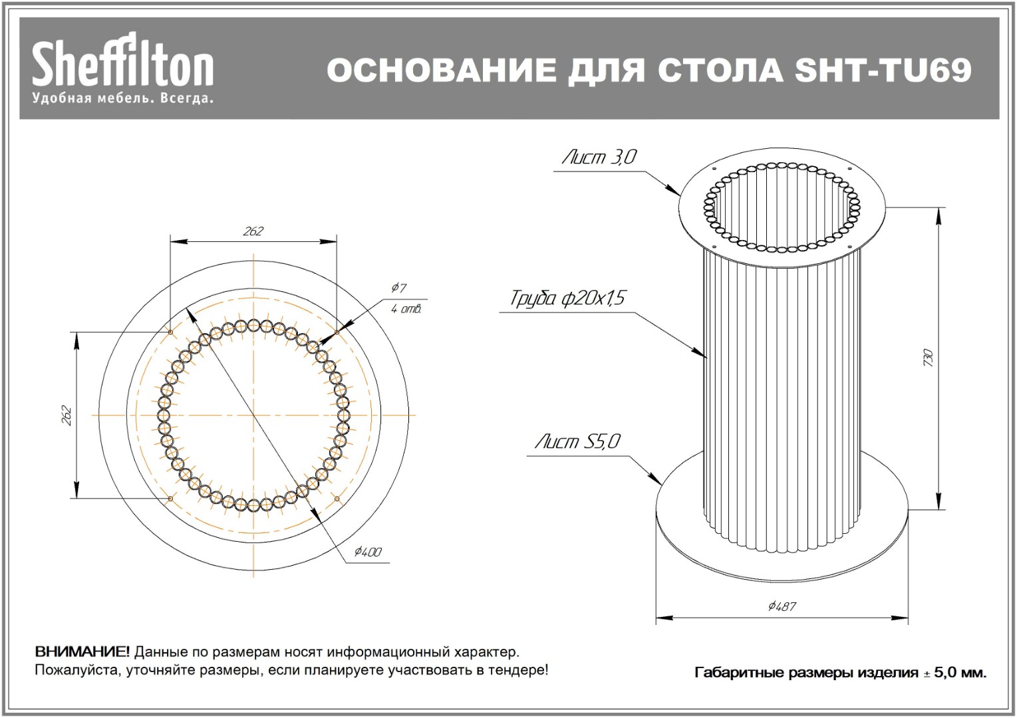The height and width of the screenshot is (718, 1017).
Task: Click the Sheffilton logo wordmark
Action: pos(122,59)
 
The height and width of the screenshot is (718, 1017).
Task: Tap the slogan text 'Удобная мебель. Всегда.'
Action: pos(122,98)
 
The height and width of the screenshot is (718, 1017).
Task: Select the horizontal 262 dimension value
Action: pos(253,231)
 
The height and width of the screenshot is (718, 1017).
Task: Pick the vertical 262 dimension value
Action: pos(67,416)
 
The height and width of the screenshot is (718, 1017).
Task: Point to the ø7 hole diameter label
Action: pos(398,287)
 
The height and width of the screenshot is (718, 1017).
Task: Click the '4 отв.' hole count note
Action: pos(406,309)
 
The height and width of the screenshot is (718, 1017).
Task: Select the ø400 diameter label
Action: pos(368,552)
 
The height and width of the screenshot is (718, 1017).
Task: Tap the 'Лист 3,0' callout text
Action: pos(599,157)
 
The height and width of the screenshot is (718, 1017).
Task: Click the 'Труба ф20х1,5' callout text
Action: pos(567,299)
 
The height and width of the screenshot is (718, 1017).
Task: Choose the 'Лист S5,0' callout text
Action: pos(577,441)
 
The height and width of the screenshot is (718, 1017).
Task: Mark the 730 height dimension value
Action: pos(928,358)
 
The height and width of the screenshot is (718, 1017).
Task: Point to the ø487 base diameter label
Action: pos(782,606)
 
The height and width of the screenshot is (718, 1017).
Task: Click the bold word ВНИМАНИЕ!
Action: pos(82,652)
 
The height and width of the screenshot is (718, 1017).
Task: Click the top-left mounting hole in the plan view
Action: pos(170,332)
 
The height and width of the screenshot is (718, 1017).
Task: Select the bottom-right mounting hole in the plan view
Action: pos(337,499)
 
